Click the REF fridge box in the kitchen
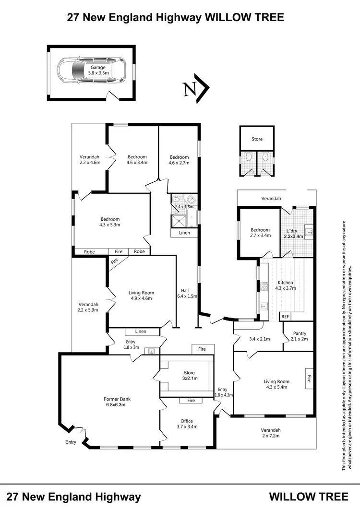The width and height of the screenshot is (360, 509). coord(285,317)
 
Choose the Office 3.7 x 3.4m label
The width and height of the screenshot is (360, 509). coord(187,424)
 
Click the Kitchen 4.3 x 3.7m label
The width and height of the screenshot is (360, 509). coord(285,286)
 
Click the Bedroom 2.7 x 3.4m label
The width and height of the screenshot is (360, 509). coord(260,233)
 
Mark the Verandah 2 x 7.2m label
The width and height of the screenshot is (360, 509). coord(271,433)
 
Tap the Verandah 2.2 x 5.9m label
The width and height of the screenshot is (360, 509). coord(88,307)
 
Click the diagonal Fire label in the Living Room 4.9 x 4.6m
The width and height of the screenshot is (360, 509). coord(114,262)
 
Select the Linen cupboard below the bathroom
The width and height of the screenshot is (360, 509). coord(185,233)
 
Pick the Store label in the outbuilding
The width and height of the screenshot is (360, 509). coord(257,139)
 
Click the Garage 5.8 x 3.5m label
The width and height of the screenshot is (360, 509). coord(98,71)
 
